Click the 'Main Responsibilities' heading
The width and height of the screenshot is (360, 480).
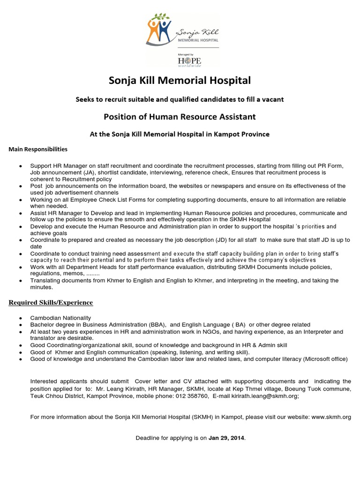[38, 149]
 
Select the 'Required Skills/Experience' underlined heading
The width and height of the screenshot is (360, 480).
[51, 302]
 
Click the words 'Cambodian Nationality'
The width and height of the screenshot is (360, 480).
[60, 318]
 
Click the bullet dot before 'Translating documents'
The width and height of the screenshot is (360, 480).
[20, 281]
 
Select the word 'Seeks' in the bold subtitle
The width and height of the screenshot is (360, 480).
[86, 99]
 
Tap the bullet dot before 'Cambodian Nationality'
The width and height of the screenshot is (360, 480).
[20, 318]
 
